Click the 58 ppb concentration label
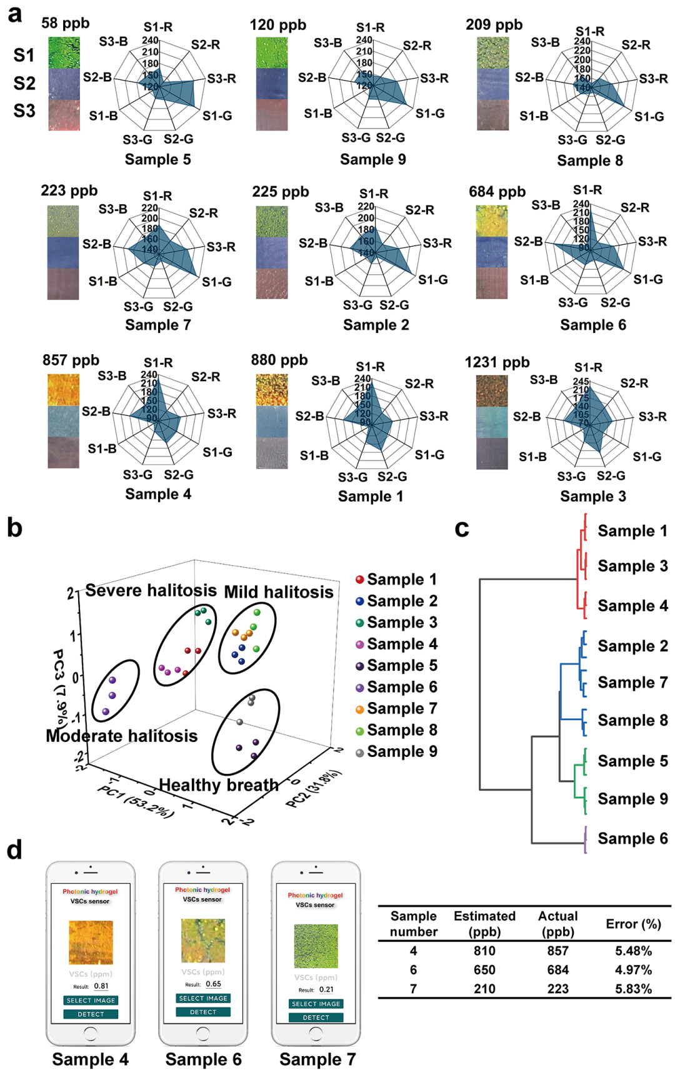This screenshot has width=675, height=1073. point(65,23)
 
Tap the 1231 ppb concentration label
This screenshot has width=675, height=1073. point(497,362)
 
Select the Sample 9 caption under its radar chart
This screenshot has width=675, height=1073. point(372,159)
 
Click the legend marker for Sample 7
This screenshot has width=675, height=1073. point(359,709)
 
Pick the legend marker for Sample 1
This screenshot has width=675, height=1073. point(359,580)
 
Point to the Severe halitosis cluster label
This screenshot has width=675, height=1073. point(151,590)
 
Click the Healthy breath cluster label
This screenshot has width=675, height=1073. point(218,785)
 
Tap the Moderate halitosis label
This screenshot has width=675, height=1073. point(121,736)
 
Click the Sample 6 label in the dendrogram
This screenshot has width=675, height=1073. point(632,838)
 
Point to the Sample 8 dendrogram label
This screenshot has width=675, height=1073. point(632,720)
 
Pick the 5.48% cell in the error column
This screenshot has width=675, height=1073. point(633,951)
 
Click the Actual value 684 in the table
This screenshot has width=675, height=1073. point(557,970)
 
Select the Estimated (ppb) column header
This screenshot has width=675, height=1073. point(484,924)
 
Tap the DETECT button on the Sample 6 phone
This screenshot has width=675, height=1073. point(203,1012)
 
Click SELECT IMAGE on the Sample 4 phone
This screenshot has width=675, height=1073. point(91,1001)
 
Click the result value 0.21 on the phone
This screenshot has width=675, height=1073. point(326,989)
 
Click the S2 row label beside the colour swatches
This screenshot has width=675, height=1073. point(24,83)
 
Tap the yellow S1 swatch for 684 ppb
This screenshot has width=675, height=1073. point(492,221)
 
